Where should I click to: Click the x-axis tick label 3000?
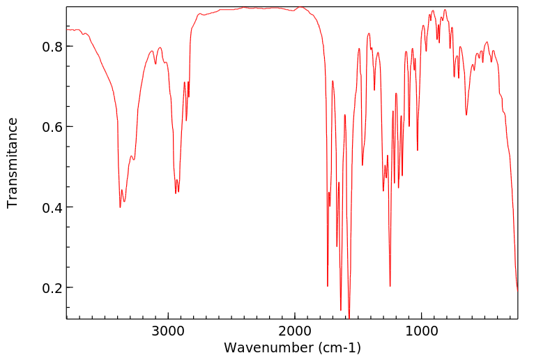pyautogui.click(x=169, y=331)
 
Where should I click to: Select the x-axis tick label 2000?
pyautogui.click(x=295, y=331)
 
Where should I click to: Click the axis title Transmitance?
pyautogui.click(x=13, y=163)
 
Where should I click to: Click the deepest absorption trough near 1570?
pyautogui.click(x=349, y=317)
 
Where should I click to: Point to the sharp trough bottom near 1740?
pyautogui.click(x=328, y=286)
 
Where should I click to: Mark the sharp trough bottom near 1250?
pyautogui.click(x=390, y=286)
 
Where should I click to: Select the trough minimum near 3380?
pyautogui.click(x=121, y=207)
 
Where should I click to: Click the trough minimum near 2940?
pyautogui.click(x=176, y=193)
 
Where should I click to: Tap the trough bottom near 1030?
pyautogui.click(x=418, y=150)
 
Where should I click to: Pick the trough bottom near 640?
pyautogui.click(x=466, y=115)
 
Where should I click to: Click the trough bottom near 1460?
pyautogui.click(x=363, y=165)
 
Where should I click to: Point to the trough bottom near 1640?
pyautogui.click(x=340, y=310)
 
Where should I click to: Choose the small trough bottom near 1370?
pyautogui.click(x=374, y=90)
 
